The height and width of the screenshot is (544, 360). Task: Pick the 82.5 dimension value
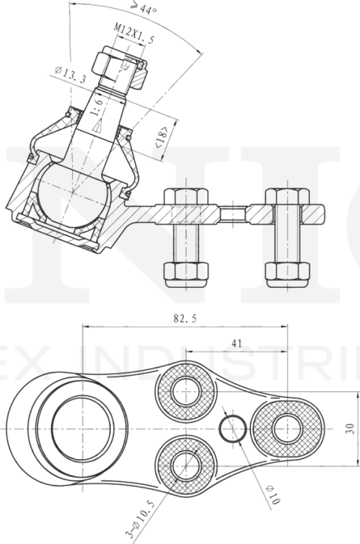click(184, 318)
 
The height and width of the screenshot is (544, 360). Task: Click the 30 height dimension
click(349, 428)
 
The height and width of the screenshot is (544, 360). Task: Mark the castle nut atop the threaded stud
click(119, 68)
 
